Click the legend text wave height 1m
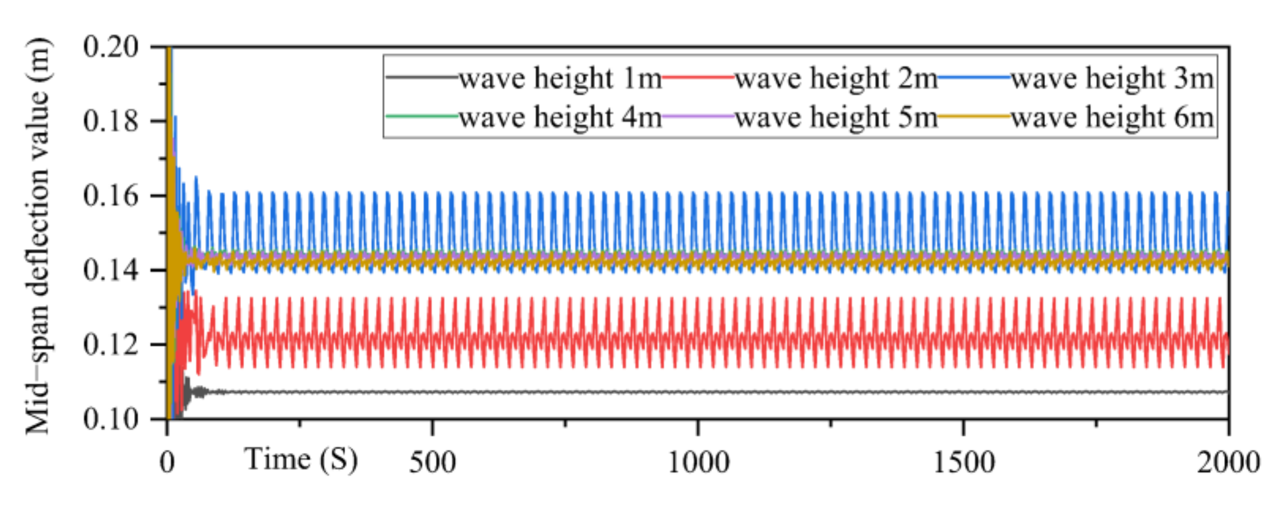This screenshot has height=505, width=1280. click(560, 79)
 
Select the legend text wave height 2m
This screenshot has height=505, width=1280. click(836, 79)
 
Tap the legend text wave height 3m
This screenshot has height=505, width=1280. click(1112, 79)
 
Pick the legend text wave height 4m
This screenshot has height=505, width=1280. click(560, 117)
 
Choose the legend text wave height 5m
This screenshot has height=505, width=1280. click(836, 117)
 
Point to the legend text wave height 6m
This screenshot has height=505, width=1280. click(1112, 117)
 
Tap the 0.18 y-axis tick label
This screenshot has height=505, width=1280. click(111, 121)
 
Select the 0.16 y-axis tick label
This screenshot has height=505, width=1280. click(111, 196)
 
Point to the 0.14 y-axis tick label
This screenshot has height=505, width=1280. click(111, 270)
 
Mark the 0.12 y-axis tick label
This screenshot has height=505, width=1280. click(111, 345)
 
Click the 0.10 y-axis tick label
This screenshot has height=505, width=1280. click(111, 420)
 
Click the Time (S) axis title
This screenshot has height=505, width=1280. click(301, 460)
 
